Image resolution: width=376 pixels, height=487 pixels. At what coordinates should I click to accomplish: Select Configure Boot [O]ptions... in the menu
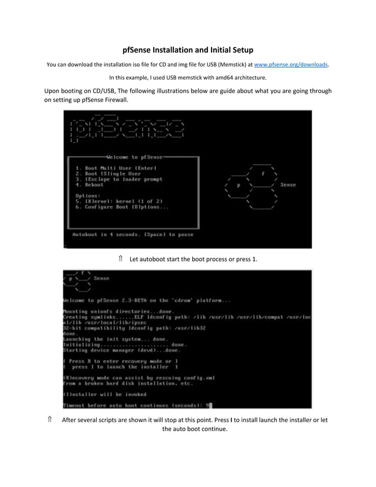coord(122,207)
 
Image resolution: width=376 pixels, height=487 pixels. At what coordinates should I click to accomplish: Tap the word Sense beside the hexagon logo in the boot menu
coord(288,185)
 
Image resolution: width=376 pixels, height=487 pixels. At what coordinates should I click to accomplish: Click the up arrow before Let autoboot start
coord(120,259)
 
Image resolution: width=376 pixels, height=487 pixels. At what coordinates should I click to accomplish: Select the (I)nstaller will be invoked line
coord(105,394)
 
